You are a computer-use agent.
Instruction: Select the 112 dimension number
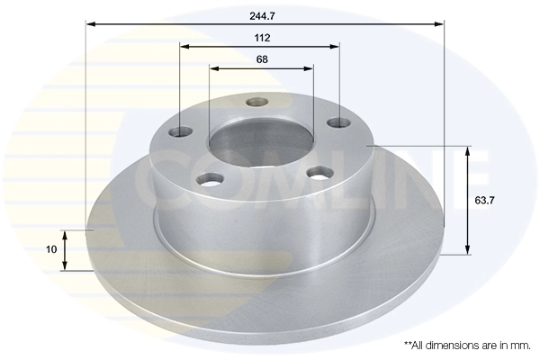pos(262,38)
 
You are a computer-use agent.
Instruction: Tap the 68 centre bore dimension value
pos(262,59)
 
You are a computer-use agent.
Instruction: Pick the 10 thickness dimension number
pos(51,248)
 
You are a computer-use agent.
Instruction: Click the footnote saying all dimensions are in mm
pos(467,345)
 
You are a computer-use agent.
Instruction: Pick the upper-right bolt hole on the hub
pos(337,122)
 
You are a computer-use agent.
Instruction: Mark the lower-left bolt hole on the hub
pos(211,179)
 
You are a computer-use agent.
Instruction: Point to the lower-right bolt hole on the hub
pos(319,172)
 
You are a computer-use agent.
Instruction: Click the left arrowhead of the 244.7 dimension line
pos(91,24)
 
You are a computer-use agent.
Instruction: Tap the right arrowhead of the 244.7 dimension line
pos(440,24)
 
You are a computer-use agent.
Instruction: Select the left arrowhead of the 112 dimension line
pos(184,46)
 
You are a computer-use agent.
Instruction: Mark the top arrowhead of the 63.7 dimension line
pos(466,150)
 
